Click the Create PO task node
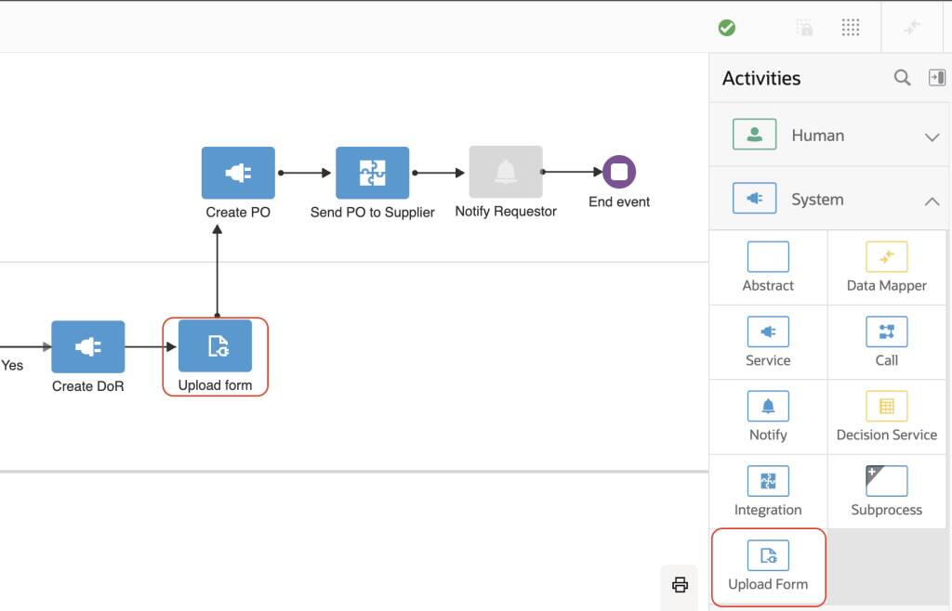click(x=238, y=173)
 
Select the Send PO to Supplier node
click(x=372, y=173)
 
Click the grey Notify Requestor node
click(x=506, y=172)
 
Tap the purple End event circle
click(x=619, y=172)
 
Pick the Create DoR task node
click(x=87, y=346)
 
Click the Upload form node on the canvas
click(x=215, y=346)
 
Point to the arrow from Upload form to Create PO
click(x=217, y=269)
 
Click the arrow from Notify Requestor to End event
click(x=572, y=172)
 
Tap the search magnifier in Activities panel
click(x=902, y=78)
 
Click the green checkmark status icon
click(x=727, y=28)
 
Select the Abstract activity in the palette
click(x=768, y=266)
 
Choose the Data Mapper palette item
click(x=886, y=266)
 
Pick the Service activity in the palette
click(x=768, y=341)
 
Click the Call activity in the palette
click(x=886, y=341)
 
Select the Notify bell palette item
click(x=768, y=415)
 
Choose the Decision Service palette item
click(x=886, y=415)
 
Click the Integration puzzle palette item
click(x=768, y=490)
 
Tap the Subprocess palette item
click(x=886, y=490)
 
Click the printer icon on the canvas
click(x=680, y=584)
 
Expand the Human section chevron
click(x=932, y=136)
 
